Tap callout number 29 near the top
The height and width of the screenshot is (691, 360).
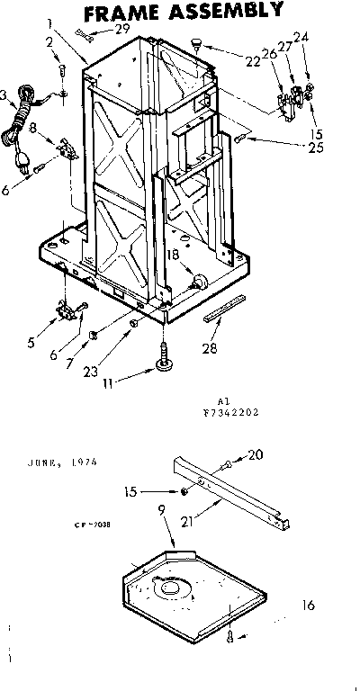[x=122, y=30]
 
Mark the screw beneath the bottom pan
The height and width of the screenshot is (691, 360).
[x=230, y=635]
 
